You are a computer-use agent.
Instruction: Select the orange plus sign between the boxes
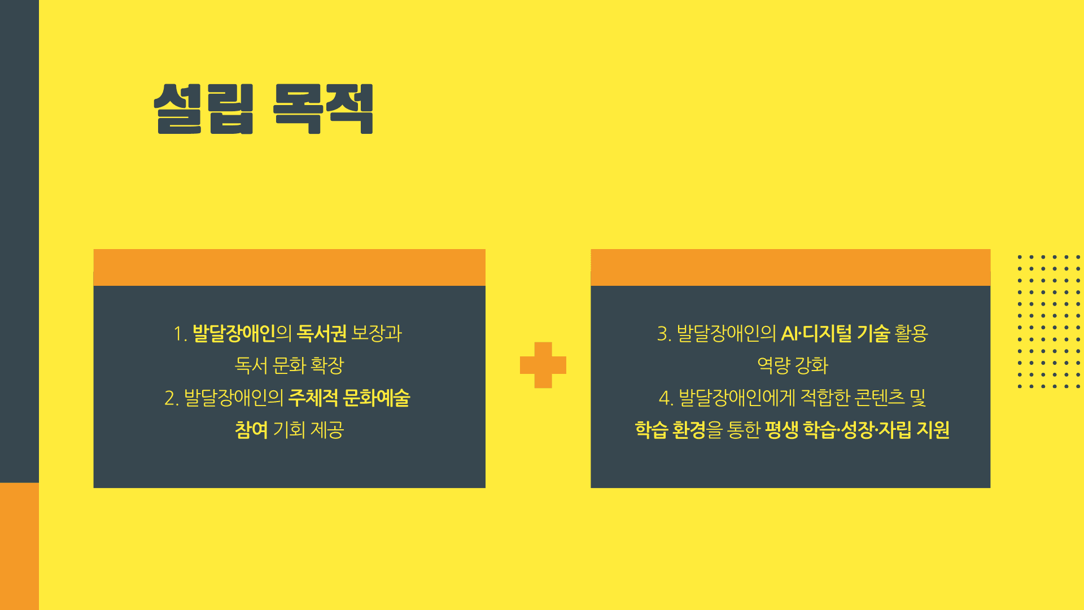[x=543, y=365]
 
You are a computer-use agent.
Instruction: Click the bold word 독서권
[x=322, y=333]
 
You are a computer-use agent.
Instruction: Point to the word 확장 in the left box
[x=327, y=365]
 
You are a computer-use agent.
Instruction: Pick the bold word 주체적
[x=313, y=398]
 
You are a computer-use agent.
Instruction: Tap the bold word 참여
[x=251, y=430]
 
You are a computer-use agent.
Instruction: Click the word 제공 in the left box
[x=327, y=430]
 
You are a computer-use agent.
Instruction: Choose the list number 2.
[x=171, y=398]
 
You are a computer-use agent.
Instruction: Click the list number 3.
[x=663, y=334]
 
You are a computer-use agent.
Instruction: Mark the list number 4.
[x=666, y=398]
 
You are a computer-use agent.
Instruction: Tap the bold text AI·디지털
[x=816, y=333]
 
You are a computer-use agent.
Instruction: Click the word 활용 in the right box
[x=911, y=333]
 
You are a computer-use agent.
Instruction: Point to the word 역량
[x=773, y=365]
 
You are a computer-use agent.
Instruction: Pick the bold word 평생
[x=781, y=430]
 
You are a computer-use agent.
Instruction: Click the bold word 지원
[x=933, y=430]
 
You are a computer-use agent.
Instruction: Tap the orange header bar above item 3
[x=790, y=267]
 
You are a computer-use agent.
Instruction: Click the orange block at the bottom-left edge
[x=19, y=546]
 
